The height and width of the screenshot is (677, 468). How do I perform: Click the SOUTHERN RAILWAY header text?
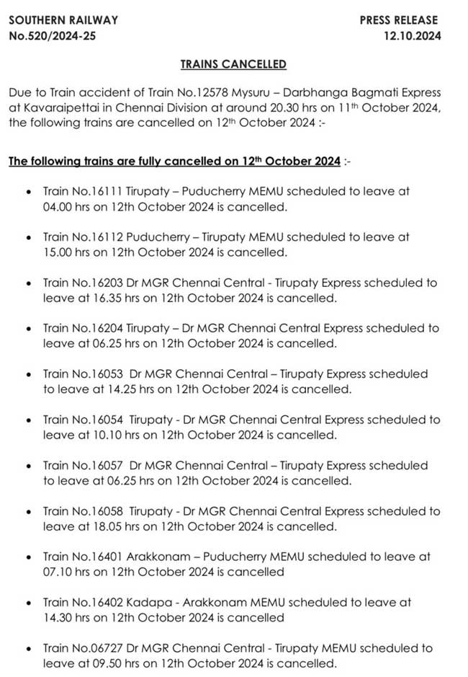tap(63, 20)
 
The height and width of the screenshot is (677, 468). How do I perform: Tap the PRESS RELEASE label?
tap(400, 20)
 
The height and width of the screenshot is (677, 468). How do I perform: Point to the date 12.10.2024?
tap(413, 35)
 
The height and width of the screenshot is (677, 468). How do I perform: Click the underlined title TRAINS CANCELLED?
tap(233, 64)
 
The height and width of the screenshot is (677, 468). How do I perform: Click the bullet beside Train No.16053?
tap(27, 374)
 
